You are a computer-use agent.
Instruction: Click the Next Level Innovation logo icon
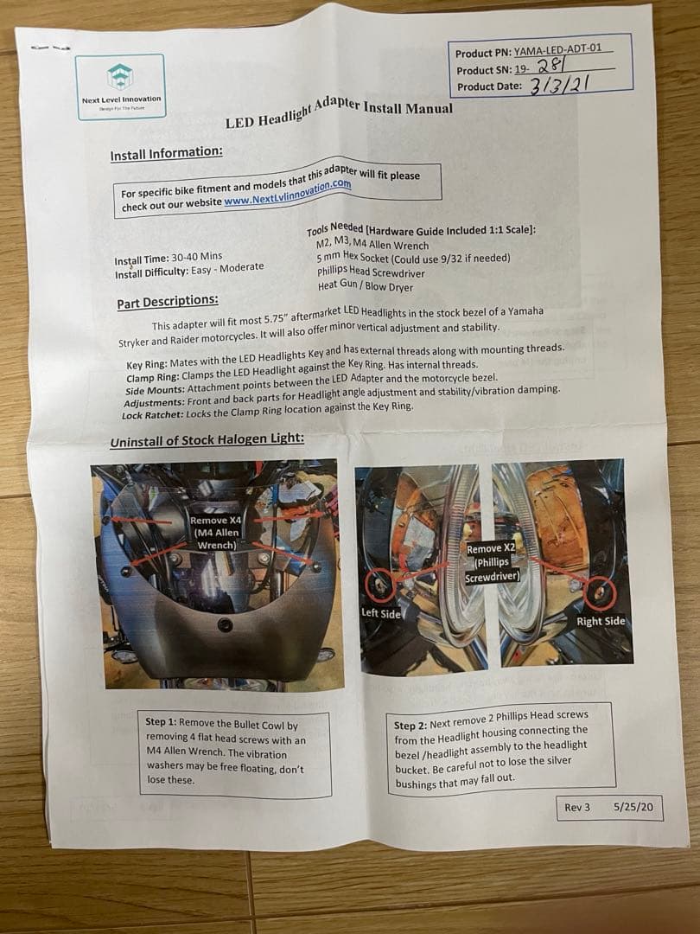coord(120,77)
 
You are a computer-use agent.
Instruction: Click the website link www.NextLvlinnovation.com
coord(287,192)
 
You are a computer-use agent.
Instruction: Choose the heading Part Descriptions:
coord(168,302)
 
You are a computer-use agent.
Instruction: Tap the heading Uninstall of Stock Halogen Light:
coord(207,441)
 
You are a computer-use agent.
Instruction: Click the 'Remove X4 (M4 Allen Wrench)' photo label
coord(215,533)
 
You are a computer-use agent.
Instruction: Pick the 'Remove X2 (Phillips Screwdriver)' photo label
coord(493,562)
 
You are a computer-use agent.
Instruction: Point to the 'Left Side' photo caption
coord(381,613)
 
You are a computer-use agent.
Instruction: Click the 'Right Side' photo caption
coord(600,621)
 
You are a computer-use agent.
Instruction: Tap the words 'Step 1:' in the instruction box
coord(167,722)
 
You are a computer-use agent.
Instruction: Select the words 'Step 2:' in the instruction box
coord(415,726)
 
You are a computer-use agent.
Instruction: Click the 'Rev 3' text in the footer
coord(577,807)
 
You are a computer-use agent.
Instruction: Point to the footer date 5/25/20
coord(634,806)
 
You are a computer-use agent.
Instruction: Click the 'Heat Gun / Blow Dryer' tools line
coord(365,286)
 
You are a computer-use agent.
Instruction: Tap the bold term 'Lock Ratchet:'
coord(152,415)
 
